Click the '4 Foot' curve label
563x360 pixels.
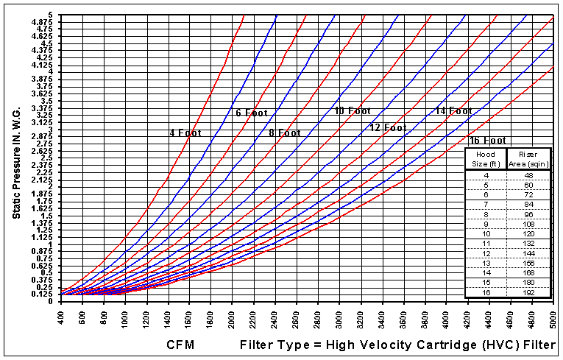[x=185, y=133]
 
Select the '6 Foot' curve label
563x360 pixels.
[x=252, y=113]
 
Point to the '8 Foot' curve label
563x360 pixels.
[x=285, y=133]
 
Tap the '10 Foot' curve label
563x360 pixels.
[x=353, y=111]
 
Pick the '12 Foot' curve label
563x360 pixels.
[x=388, y=127]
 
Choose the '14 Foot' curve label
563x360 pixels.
[x=453, y=111]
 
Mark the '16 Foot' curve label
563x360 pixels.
[x=487, y=140]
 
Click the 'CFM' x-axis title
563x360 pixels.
[x=180, y=344]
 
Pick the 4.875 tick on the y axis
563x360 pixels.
[x=46, y=22]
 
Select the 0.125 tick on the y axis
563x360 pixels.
[x=46, y=294]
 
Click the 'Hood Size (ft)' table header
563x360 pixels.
[x=486, y=158]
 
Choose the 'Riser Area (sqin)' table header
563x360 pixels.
[x=529, y=158]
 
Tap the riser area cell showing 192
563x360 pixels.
[x=529, y=292]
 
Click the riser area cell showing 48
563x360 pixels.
[x=529, y=174]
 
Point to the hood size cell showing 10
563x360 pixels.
[x=486, y=233]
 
